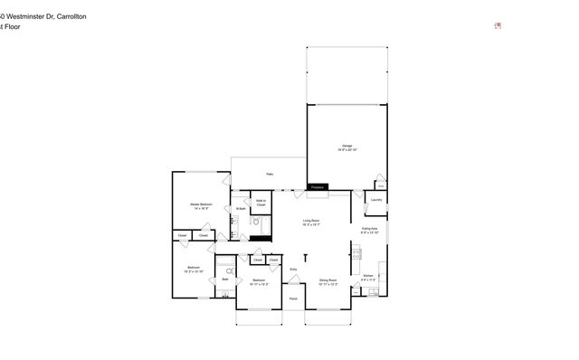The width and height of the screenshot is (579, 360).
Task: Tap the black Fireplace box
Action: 317,187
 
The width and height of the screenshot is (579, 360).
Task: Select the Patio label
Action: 270,174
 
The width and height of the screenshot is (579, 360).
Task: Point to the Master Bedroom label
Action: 201,206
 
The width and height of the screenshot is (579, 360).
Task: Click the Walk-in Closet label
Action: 260,204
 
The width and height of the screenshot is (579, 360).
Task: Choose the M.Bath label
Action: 241,210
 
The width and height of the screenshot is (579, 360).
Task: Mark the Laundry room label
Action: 376,200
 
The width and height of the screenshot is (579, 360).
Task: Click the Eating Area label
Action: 370,230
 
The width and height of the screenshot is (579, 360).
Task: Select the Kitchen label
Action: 368,278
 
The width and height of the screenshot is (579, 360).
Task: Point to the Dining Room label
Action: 327,282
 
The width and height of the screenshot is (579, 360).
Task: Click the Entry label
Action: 293,270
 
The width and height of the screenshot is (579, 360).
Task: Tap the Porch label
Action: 293,299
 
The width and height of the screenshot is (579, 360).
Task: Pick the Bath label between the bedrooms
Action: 224,279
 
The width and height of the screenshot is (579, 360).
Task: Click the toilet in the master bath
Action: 256,222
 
